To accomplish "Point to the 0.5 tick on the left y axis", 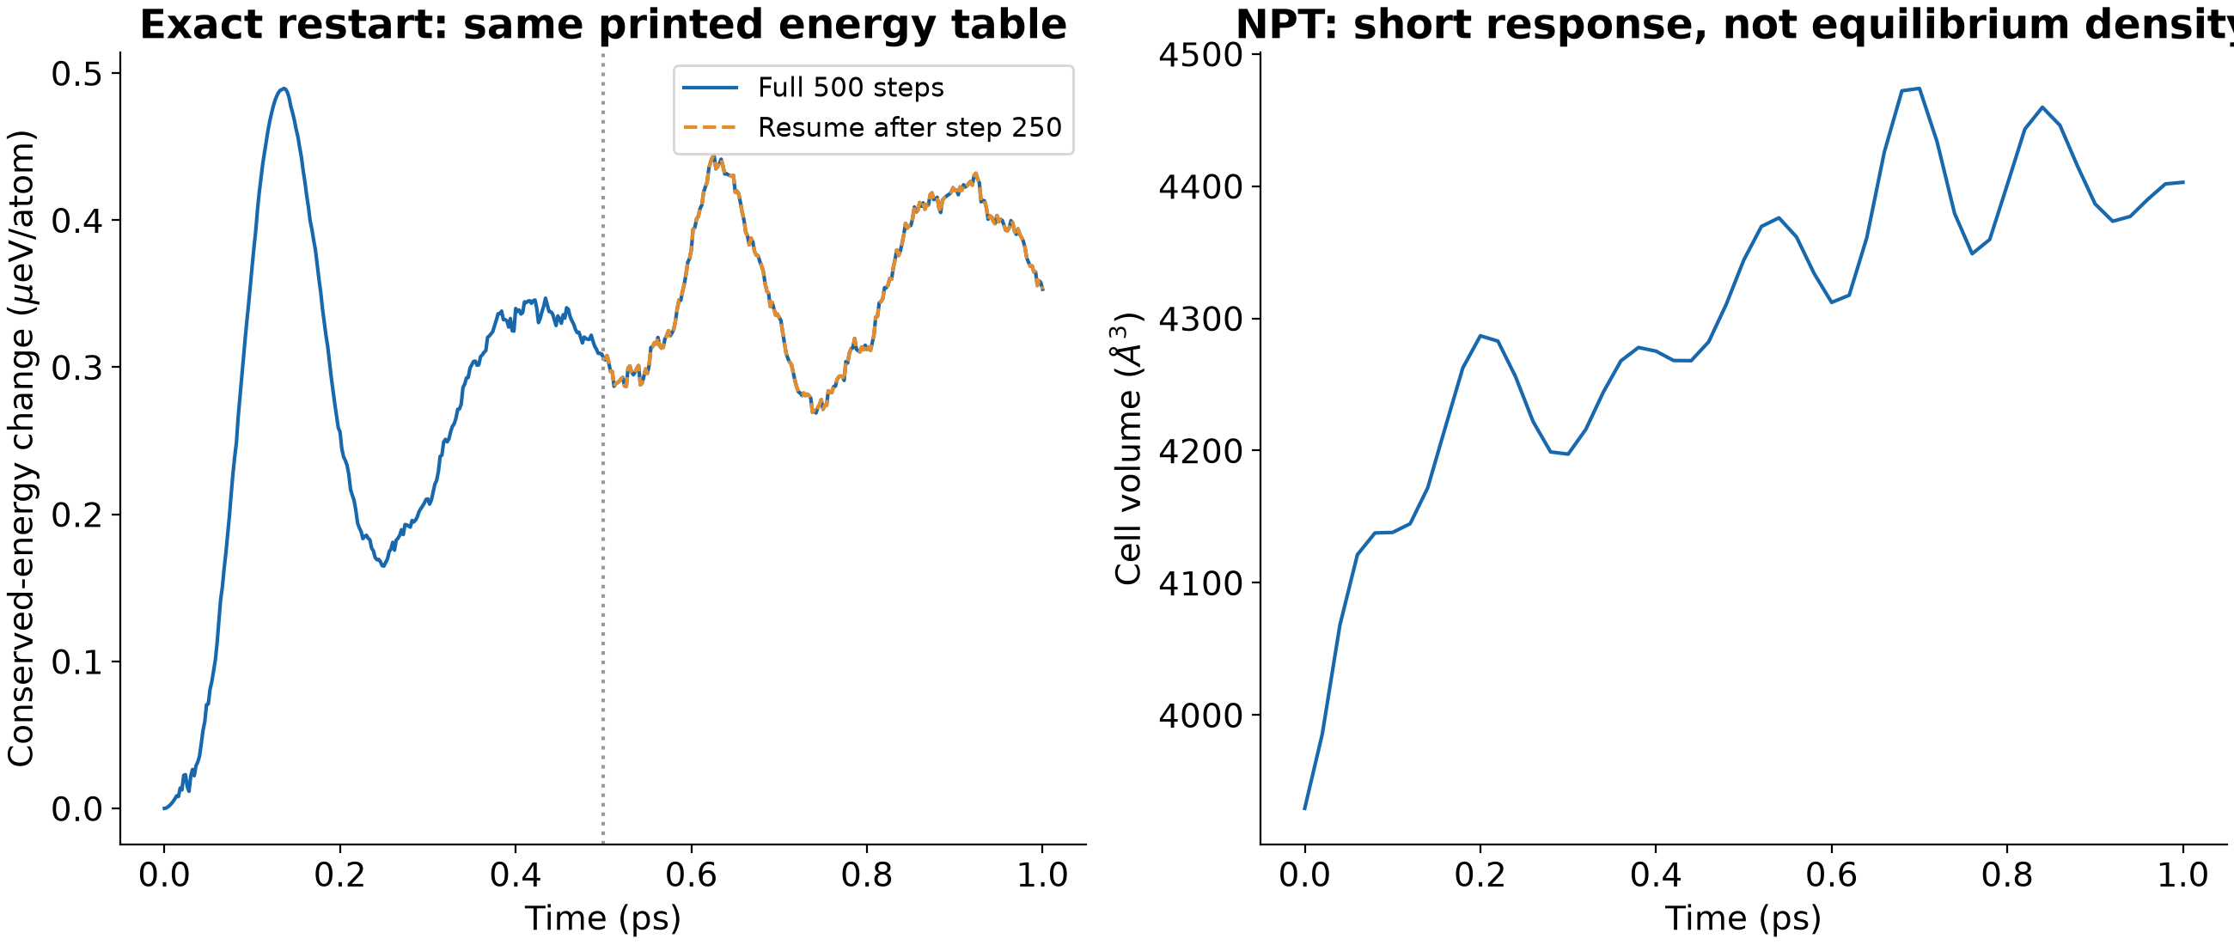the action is pos(76,74).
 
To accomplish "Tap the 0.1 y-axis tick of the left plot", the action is pos(76,661).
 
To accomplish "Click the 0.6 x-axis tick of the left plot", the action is pos(691,875).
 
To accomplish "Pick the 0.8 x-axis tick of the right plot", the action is pos(2007,875).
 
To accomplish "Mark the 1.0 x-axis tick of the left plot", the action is pos(1041,875).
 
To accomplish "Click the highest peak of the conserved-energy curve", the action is pos(284,88).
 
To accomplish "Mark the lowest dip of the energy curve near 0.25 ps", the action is pos(382,566).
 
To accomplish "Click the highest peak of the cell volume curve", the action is pos(1920,88).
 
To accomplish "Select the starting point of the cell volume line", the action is pos(1304,809).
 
